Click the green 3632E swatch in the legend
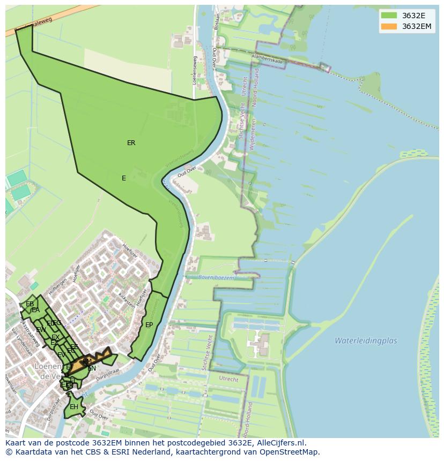click(389, 16)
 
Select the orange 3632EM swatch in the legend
click(389, 26)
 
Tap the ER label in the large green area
click(131, 143)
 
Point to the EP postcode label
click(149, 325)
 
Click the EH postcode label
click(74, 407)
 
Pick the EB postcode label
click(29, 304)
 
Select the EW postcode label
click(41, 330)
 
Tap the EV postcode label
click(61, 355)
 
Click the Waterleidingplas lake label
click(366, 341)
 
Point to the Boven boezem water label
click(216, 277)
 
